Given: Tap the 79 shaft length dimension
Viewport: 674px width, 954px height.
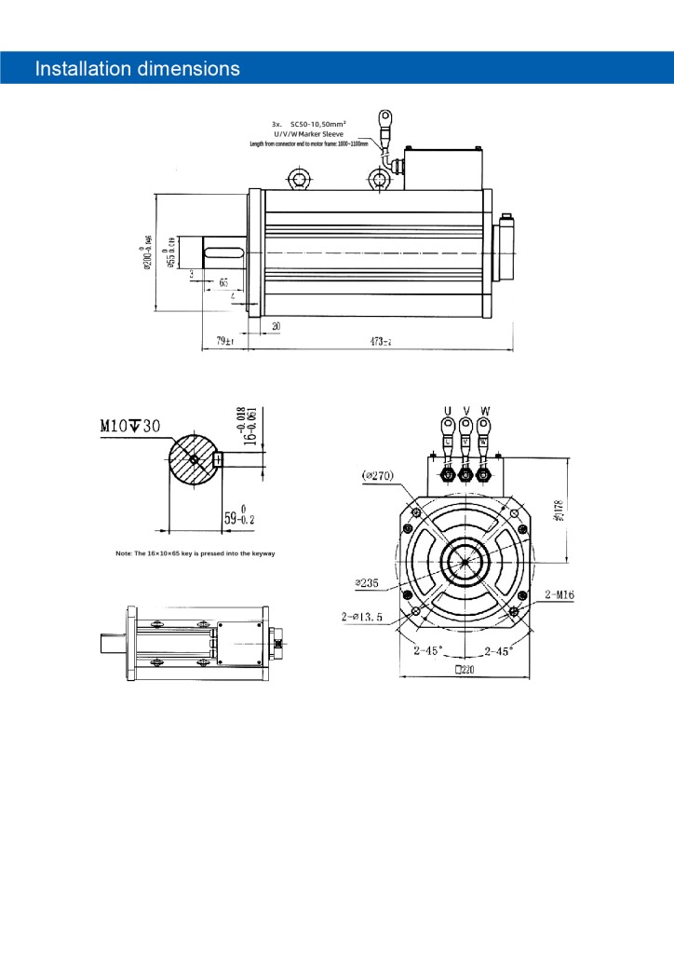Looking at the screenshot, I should [224, 341].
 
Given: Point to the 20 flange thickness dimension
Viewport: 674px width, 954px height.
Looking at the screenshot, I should [276, 324].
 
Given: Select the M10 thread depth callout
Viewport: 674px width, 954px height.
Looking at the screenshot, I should [130, 426].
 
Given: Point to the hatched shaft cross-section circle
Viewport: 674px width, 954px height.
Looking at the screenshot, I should [193, 459].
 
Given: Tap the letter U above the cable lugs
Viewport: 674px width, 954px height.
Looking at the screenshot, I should [447, 410].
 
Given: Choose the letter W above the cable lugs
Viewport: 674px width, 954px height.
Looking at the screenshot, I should [483, 410].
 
